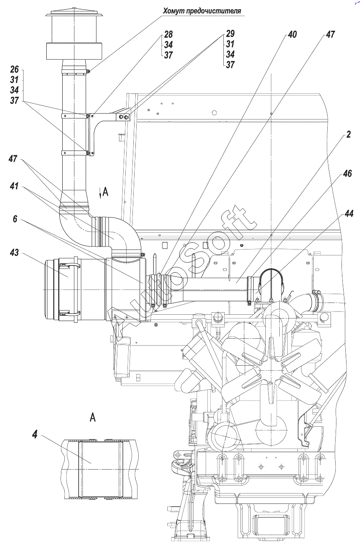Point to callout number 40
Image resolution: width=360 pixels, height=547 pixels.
(292, 35)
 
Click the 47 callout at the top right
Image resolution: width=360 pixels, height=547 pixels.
(330, 35)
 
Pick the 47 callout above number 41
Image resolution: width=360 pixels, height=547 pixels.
(14, 159)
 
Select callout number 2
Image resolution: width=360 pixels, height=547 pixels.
(349, 135)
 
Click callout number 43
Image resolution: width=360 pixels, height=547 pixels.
(14, 252)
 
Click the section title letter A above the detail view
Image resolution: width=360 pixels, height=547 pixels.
(93, 417)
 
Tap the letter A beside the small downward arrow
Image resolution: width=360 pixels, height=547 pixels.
(105, 192)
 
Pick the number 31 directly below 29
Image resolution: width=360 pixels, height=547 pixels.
(230, 44)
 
